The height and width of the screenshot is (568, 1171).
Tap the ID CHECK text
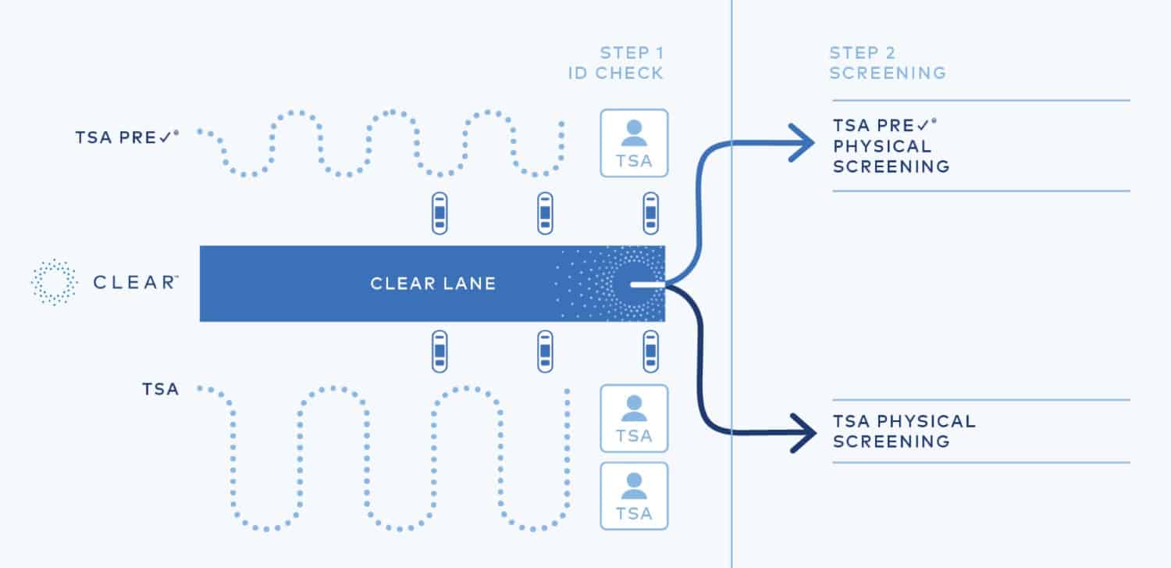(615, 73)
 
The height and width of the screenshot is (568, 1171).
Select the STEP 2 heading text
(863, 53)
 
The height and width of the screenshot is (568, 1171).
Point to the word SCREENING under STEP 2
(888, 73)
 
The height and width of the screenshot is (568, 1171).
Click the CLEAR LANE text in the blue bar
(432, 283)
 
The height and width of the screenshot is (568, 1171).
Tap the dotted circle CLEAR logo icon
(54, 282)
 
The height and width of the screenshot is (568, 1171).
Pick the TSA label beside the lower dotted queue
(161, 388)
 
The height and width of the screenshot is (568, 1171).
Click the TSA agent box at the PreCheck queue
(634, 142)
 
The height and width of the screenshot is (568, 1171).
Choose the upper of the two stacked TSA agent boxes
(634, 418)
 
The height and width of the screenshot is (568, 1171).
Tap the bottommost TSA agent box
(634, 496)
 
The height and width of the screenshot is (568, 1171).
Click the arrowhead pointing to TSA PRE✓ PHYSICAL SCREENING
(803, 142)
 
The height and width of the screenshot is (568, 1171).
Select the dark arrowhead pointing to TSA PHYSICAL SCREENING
(803, 433)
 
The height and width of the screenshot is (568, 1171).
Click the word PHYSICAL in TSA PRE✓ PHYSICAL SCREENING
(881, 146)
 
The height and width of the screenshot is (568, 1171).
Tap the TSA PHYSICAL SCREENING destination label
(904, 431)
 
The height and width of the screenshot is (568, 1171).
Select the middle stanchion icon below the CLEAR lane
(545, 352)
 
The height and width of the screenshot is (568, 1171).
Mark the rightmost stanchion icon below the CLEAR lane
(650, 352)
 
